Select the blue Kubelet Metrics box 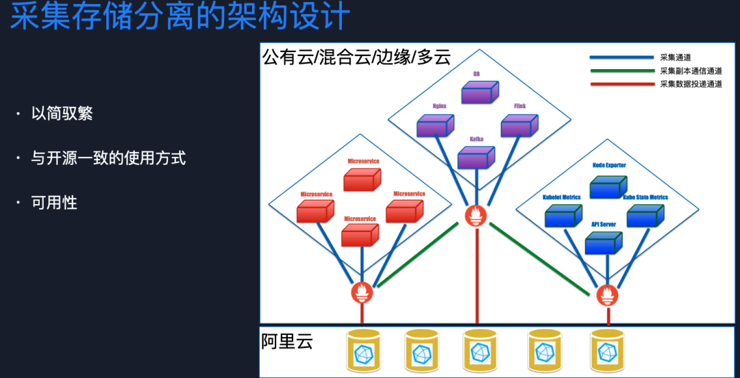click(x=563, y=216)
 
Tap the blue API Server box click(x=604, y=242)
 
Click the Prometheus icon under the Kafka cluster click(x=476, y=216)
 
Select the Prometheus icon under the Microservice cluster click(x=362, y=292)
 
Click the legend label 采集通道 click(x=675, y=58)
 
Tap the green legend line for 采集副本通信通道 click(x=621, y=71)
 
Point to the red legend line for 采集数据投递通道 click(x=621, y=84)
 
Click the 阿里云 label click(x=287, y=341)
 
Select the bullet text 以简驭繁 click(x=62, y=114)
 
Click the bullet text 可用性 click(x=54, y=203)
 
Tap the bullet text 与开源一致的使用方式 click(x=108, y=158)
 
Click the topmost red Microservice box click(x=362, y=179)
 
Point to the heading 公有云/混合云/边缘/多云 click(x=356, y=56)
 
